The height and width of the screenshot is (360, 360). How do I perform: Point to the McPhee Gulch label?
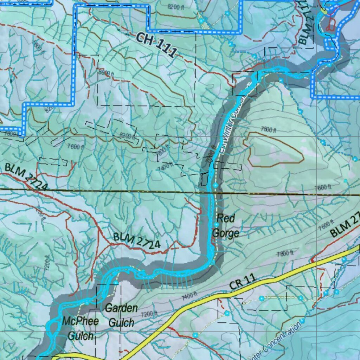point(78,328)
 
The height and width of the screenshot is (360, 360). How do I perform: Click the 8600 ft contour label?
point(106,73)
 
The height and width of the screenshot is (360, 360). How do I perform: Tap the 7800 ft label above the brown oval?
point(268,130)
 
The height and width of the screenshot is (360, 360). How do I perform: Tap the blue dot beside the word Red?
point(217,224)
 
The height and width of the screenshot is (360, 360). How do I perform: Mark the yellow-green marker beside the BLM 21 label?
point(323,11)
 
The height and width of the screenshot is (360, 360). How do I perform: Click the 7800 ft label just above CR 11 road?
point(285,253)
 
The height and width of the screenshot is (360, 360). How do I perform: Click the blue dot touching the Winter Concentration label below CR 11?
point(302,321)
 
